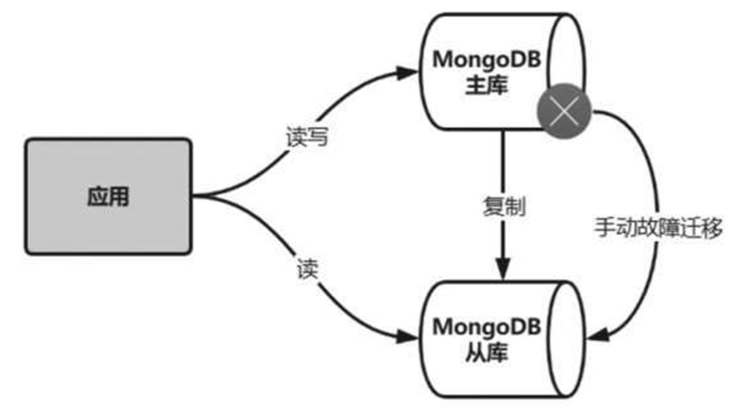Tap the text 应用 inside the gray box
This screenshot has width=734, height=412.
tap(108, 196)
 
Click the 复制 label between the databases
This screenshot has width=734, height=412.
tap(504, 206)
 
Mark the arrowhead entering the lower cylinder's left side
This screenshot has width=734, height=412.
tap(411, 337)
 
